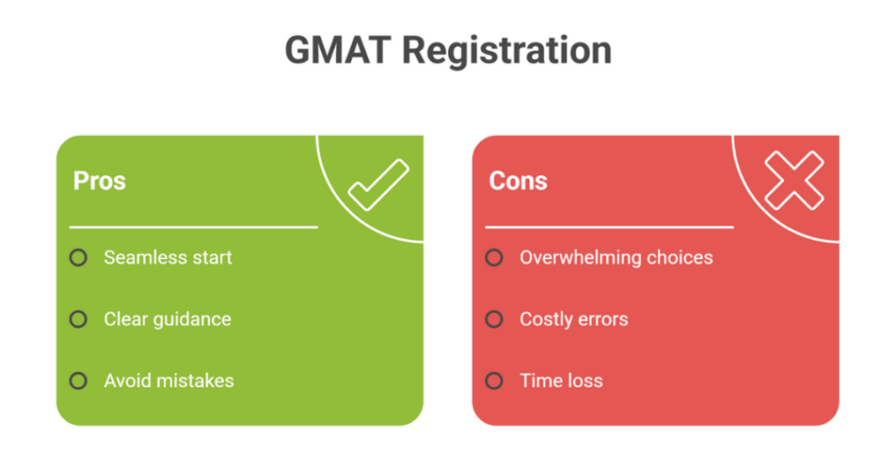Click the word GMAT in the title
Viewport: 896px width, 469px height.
pyautogui.click(x=339, y=51)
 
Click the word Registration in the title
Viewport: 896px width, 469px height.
pyautogui.click(x=507, y=51)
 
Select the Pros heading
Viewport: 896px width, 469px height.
pyautogui.click(x=99, y=181)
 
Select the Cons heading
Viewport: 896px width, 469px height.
pyautogui.click(x=518, y=181)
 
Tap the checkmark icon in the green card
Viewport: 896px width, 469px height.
pyautogui.click(x=378, y=184)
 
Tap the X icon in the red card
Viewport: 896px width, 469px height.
pyautogui.click(x=794, y=181)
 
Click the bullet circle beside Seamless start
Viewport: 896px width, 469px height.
pyautogui.click(x=79, y=257)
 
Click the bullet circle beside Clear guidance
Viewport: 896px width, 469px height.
pyautogui.click(x=79, y=319)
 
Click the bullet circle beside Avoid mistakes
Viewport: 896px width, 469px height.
pyautogui.click(x=79, y=381)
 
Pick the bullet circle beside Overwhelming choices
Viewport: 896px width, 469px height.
pyautogui.click(x=494, y=257)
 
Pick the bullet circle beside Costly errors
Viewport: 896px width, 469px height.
pyautogui.click(x=494, y=319)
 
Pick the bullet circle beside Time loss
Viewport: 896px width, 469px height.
pyautogui.click(x=494, y=381)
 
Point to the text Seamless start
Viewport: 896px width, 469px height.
pyautogui.click(x=168, y=257)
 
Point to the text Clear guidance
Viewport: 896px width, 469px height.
pyautogui.click(x=167, y=319)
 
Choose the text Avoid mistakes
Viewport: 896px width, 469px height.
pyautogui.click(x=169, y=381)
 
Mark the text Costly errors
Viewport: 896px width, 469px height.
pyautogui.click(x=574, y=319)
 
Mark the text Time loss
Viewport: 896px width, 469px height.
pyautogui.click(x=561, y=381)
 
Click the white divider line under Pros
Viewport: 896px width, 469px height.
pyautogui.click(x=193, y=227)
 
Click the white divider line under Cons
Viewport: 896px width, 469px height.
pyautogui.click(x=609, y=227)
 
